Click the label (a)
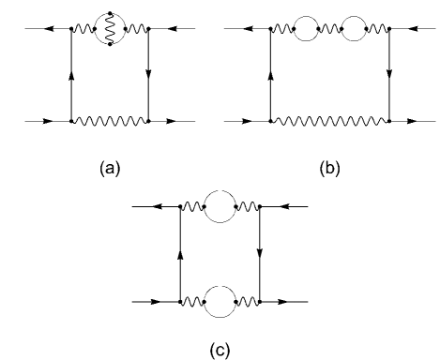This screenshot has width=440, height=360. click(110, 170)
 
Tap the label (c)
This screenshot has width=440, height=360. click(218, 347)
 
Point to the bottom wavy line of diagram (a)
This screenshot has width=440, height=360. click(110, 120)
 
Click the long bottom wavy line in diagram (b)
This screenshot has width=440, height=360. click(329, 120)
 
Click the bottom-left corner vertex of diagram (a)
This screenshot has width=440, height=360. click(71, 120)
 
